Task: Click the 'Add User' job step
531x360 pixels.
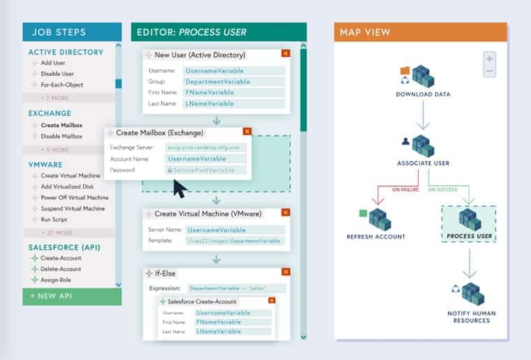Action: pos(53,63)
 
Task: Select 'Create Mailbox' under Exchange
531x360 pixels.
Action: pos(61,125)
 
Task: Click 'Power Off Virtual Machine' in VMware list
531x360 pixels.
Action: pos(74,197)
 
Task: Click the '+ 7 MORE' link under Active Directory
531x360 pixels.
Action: pos(55,97)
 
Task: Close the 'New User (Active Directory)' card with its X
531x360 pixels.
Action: pos(285,53)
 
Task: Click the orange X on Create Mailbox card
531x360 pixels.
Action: pos(247,131)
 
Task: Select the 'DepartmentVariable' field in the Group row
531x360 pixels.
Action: pos(234,82)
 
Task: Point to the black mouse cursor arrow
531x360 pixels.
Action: pos(180,188)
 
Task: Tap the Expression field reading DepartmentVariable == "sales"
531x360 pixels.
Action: pos(234,288)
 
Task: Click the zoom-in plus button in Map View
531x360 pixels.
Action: pos(490,59)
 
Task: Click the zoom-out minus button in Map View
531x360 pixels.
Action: pos(490,71)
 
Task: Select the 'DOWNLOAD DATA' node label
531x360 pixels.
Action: pos(423,94)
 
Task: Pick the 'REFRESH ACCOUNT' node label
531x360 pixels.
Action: pos(376,236)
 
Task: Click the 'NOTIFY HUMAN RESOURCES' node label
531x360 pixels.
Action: pos(469,317)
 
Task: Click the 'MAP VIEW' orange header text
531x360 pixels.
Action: pos(365,32)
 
